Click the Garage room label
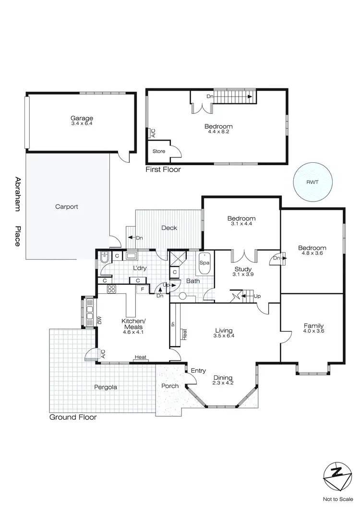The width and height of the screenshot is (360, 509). tap(82, 118)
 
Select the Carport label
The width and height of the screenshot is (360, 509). tap(67, 207)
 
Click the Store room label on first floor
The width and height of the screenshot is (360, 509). tap(159, 151)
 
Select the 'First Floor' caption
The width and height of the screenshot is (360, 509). tap(163, 170)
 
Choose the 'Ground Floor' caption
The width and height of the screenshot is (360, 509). tap(73, 417)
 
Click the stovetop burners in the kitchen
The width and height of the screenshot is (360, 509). tap(111, 289)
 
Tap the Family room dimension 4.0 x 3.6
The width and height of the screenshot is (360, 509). tap(313, 331)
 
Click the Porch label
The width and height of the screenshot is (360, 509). tap(170, 386)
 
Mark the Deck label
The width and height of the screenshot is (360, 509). tap(169, 228)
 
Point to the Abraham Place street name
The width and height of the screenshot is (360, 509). tap(18, 211)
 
